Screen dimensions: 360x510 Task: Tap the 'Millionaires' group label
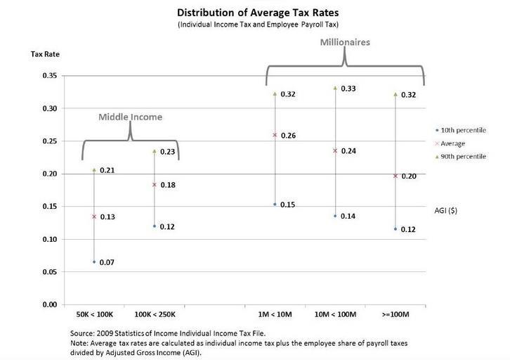point(345,42)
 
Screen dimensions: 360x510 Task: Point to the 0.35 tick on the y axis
point(49,75)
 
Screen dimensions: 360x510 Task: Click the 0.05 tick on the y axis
point(49,272)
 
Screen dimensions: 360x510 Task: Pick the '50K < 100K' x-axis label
point(94,314)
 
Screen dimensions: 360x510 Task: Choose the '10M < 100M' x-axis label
point(335,314)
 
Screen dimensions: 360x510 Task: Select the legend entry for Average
point(457,143)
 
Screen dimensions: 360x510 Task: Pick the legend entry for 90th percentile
point(463,157)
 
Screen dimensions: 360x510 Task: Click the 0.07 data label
point(107,262)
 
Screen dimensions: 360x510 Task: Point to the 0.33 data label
point(348,89)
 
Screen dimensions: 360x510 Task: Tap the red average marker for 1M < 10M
point(275,134)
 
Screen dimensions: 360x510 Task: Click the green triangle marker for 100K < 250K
point(155,151)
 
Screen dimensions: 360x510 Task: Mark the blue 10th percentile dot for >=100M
point(395,229)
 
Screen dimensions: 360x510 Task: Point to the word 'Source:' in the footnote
point(84,332)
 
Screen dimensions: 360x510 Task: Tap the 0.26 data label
point(288,135)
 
